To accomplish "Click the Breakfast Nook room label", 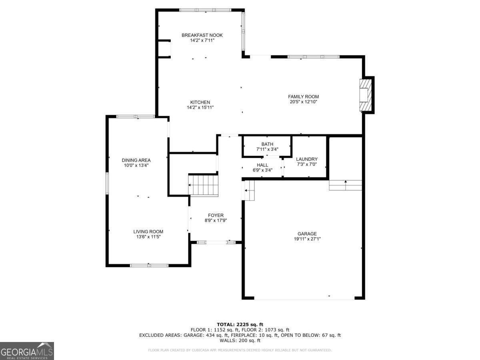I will point(202,35).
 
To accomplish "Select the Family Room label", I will point(303,96).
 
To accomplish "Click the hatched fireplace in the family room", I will point(365,94).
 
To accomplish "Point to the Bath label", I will point(267,144).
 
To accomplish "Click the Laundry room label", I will point(307,159).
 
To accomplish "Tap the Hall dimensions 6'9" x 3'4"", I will point(262,170).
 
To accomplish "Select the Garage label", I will point(307,234).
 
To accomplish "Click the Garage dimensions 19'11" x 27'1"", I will point(307,239).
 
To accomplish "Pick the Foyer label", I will point(216,215).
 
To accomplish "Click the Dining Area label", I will point(136,160).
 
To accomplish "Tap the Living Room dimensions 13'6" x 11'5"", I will point(148,237).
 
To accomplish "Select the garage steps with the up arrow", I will point(345,185).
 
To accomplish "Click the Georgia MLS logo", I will point(27,351).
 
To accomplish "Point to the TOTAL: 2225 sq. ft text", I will point(240,324).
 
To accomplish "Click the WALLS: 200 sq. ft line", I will point(240,341).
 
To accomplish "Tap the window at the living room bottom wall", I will point(149,265).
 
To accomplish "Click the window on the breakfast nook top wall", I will point(205,10).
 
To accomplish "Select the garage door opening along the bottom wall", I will point(304,298).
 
